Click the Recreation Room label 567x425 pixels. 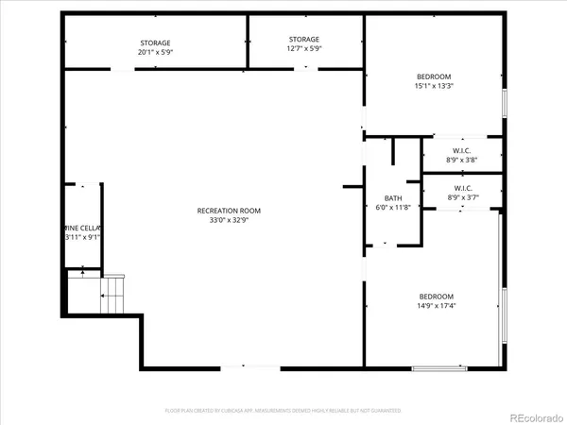pyautogui.click(x=229, y=211)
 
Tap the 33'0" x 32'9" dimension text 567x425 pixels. pyautogui.click(x=229, y=220)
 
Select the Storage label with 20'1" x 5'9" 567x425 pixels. pyautogui.click(x=155, y=43)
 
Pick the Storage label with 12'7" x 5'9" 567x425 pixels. pyautogui.click(x=304, y=40)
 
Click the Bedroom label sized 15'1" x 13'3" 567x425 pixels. pyautogui.click(x=434, y=76)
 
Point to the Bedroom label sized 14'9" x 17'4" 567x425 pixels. pyautogui.click(x=436, y=296)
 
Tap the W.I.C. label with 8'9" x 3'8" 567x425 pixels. pyautogui.click(x=461, y=150)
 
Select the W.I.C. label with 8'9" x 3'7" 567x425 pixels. pyautogui.click(x=461, y=188)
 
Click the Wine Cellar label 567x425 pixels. pyautogui.click(x=82, y=228)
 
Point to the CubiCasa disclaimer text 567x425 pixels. pyautogui.click(x=283, y=411)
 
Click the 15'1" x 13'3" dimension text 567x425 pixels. pyautogui.click(x=434, y=86)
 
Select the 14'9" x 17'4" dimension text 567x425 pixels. pyautogui.click(x=436, y=305)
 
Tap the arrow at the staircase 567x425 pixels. pyautogui.click(x=83, y=272)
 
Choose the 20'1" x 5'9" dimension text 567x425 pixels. pyautogui.click(x=155, y=53)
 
